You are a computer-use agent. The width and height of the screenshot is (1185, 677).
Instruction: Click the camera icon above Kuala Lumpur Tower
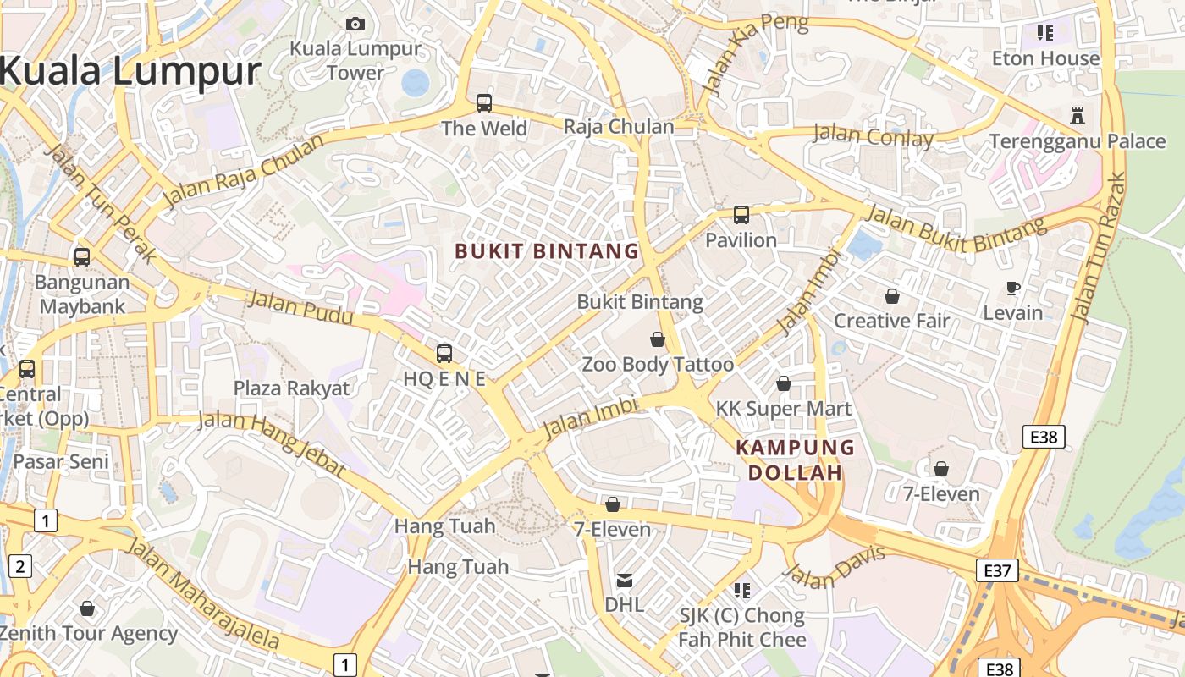(x=355, y=24)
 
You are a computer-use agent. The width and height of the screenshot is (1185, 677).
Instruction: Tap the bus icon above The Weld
(x=484, y=103)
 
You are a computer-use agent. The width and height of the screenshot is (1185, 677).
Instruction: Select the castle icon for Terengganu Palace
(x=1078, y=115)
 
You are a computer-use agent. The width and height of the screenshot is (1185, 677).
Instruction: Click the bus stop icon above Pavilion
(x=741, y=215)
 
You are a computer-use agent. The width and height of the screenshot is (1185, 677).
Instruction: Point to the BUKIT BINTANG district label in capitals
(x=547, y=251)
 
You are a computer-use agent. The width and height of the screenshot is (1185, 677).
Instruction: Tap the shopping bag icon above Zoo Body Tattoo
(x=658, y=340)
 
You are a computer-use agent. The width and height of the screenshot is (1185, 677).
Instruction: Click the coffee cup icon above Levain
(x=1013, y=288)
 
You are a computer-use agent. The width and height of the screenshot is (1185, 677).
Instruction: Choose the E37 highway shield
(x=997, y=570)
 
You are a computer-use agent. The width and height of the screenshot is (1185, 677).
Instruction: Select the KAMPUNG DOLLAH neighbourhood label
(x=796, y=460)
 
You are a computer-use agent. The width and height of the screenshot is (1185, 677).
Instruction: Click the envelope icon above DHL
(x=625, y=581)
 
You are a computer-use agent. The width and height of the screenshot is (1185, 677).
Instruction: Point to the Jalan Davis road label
(x=835, y=567)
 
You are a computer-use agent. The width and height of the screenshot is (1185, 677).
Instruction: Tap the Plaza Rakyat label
(x=291, y=388)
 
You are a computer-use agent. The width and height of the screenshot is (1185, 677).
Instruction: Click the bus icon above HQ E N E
(x=444, y=354)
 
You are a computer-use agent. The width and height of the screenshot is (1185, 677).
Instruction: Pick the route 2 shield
(x=19, y=566)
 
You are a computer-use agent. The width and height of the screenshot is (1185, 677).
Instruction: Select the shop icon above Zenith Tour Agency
(x=87, y=608)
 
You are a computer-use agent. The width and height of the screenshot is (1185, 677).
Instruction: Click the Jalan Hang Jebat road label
(x=271, y=443)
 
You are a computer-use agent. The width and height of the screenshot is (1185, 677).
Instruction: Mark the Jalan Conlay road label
(x=874, y=135)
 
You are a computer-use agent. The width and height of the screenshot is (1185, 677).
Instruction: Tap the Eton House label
(x=1046, y=58)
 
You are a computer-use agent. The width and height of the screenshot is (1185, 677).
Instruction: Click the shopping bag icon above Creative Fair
(x=892, y=296)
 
